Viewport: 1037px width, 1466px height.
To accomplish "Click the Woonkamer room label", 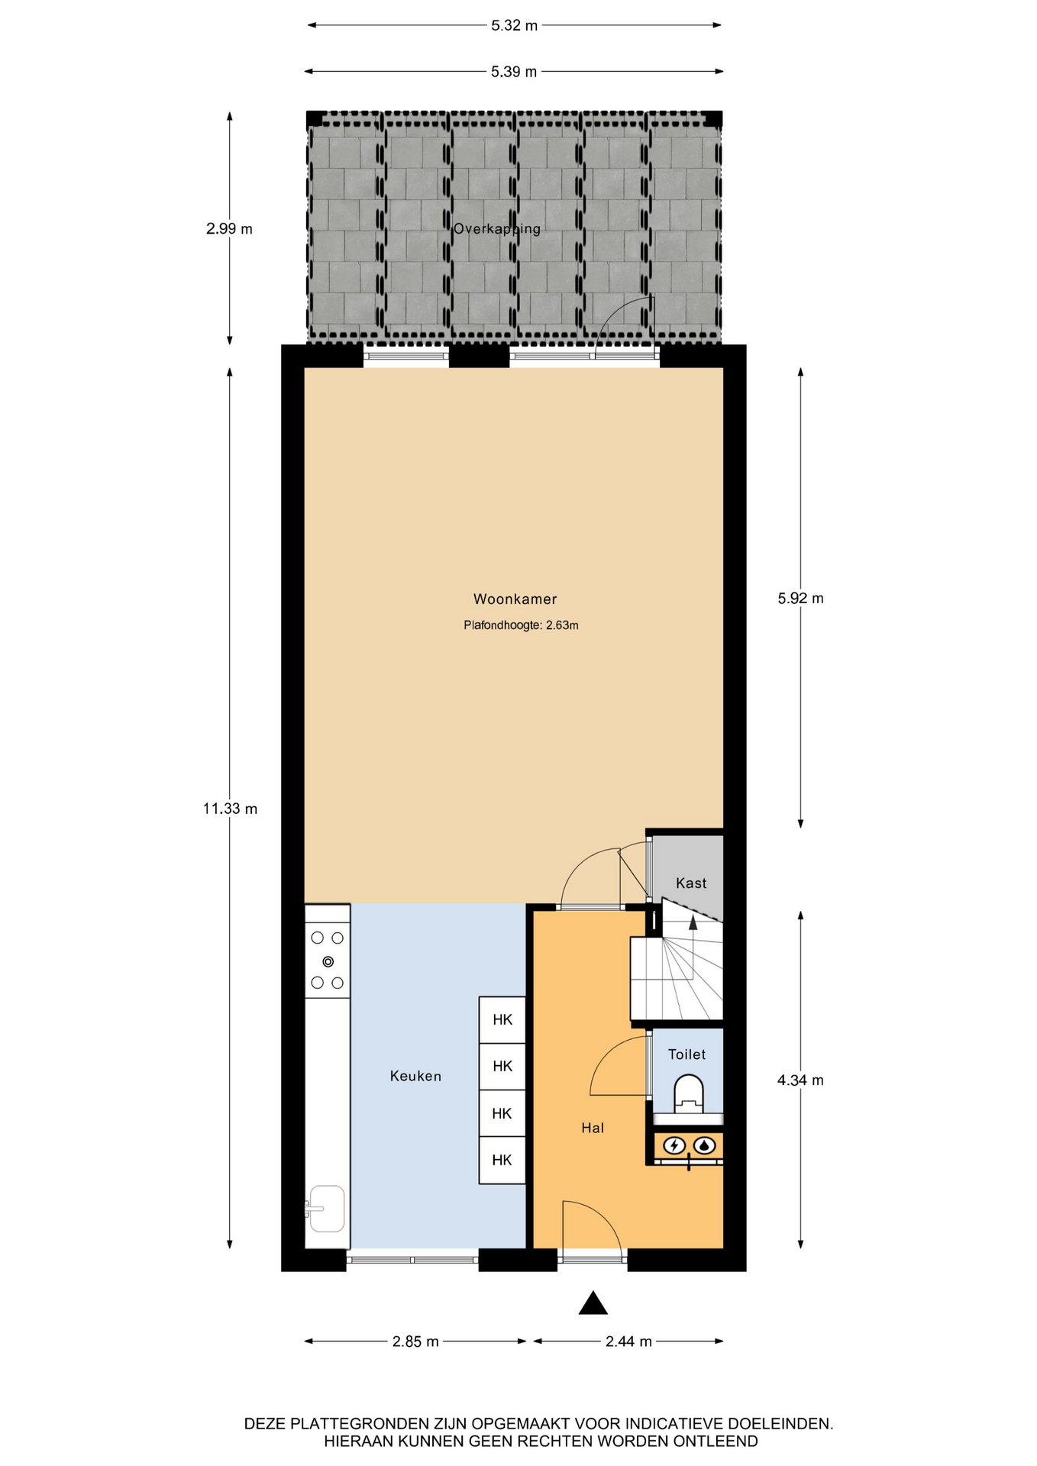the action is tap(515, 599).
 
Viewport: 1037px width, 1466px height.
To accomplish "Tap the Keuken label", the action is tap(415, 1076).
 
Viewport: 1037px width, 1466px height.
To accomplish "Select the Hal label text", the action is tap(593, 1128).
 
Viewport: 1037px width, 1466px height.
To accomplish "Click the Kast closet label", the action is tap(691, 883).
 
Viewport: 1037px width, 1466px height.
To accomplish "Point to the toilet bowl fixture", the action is tap(689, 1093).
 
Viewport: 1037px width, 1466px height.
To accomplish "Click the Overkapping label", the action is tap(497, 229).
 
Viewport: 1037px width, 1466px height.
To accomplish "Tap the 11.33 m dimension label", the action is tap(230, 809).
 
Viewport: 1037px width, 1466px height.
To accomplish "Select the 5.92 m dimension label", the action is tap(800, 599).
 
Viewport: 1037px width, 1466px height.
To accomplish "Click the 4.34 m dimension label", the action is tap(800, 1080).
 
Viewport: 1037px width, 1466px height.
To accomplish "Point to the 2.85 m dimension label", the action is tap(415, 1342).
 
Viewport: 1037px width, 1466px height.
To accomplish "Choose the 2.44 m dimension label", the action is tap(628, 1342).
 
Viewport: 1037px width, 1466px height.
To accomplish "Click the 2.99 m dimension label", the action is tap(229, 229).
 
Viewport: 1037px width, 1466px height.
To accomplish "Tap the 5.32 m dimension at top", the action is tap(514, 26).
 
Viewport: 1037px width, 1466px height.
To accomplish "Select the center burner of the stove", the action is tap(328, 961).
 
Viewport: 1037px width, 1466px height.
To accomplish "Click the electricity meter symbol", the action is tap(674, 1145).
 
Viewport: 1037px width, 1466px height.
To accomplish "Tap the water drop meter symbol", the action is tap(704, 1145).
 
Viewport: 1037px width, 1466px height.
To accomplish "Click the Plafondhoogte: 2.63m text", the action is tap(521, 625).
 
